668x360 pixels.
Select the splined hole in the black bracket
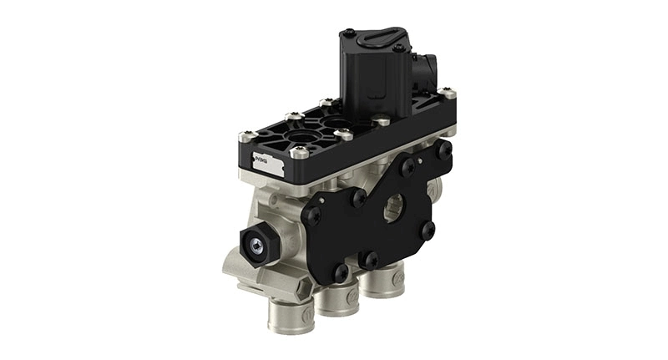coord(393,205)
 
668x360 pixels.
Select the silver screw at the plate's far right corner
coord(450,94)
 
